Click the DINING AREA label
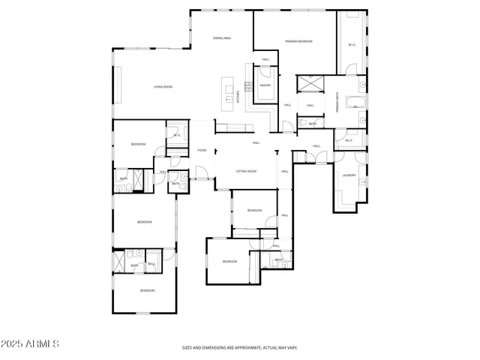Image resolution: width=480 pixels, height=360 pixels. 221,37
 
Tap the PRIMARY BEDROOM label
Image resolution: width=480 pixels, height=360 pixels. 298,41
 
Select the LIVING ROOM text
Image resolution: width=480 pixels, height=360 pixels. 163,87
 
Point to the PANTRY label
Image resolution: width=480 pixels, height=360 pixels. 265,85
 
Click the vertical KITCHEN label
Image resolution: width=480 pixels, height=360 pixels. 238,96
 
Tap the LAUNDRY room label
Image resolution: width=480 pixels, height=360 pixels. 349,175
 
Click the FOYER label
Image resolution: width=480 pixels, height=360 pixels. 202,150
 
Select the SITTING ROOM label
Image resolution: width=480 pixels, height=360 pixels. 246,171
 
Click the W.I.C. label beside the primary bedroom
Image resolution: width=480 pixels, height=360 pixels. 352,44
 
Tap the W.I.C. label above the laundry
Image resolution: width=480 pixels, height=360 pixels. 349,140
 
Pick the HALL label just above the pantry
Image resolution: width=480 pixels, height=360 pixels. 265,59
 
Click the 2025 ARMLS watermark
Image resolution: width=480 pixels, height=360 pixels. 30,343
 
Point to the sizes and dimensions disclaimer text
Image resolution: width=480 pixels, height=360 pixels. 239,348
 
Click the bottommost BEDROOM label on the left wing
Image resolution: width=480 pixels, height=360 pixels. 147,290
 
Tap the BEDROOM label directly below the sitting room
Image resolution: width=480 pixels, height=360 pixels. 254,210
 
